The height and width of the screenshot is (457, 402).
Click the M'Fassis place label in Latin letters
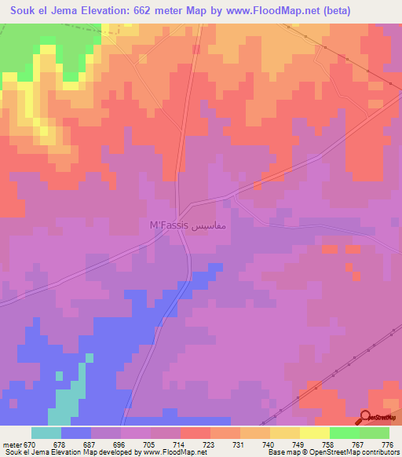pos(168,225)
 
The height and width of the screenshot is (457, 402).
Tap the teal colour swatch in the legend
pos(46,433)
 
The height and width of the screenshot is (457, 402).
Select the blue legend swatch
pos(76,433)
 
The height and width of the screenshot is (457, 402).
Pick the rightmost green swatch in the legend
pos(374,433)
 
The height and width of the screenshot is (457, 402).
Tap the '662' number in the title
pos(130,10)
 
